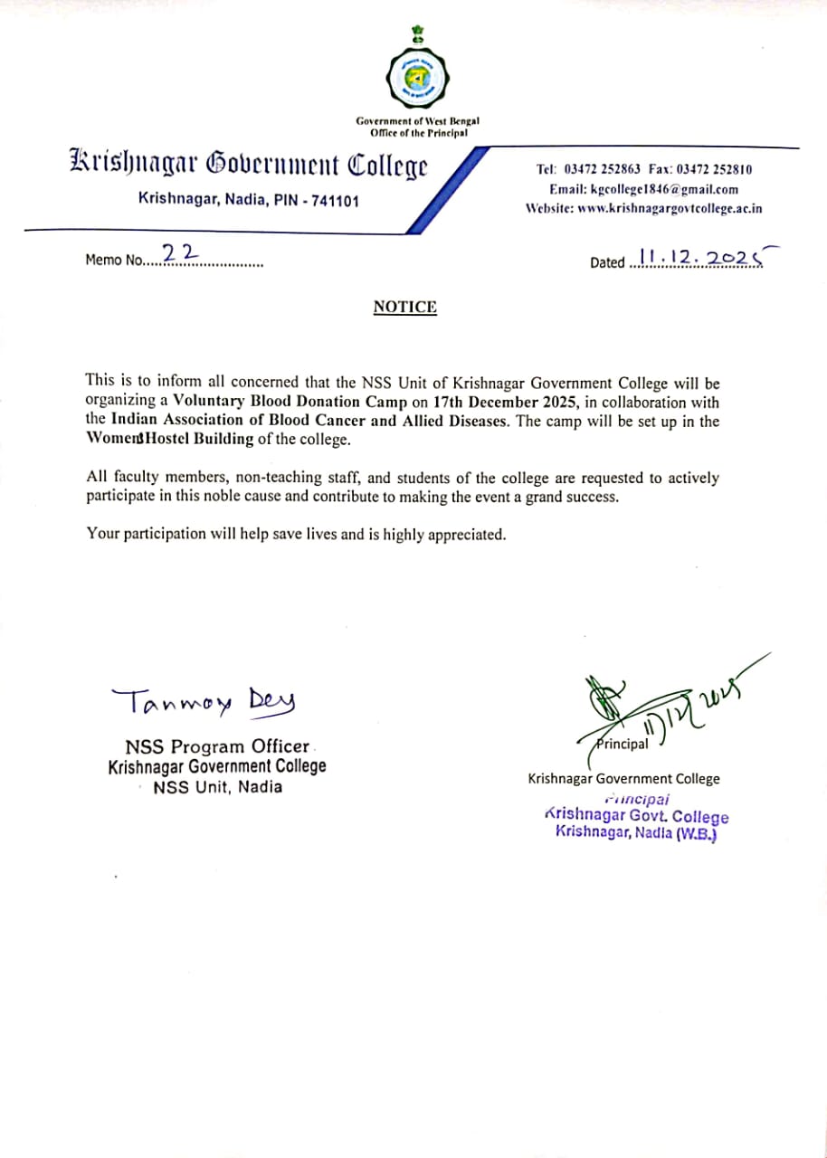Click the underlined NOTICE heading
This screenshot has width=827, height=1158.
click(x=404, y=308)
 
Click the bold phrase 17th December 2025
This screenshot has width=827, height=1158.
click(x=509, y=402)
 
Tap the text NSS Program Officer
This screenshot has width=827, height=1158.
click(x=217, y=747)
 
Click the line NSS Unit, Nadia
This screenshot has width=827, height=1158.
click(x=217, y=787)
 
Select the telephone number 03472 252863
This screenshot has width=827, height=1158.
click(x=602, y=169)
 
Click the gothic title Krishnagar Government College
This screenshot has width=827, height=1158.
click(x=248, y=166)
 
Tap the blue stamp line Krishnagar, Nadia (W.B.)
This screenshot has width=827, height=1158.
click(x=636, y=832)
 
